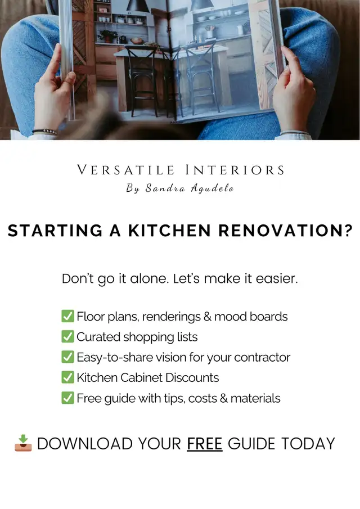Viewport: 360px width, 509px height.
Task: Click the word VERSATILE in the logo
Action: click(125, 170)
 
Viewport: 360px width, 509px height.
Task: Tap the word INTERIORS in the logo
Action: click(235, 170)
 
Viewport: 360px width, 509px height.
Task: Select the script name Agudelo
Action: click(212, 188)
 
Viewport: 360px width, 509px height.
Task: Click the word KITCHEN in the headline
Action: click(169, 231)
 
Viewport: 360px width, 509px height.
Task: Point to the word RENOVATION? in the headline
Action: click(285, 231)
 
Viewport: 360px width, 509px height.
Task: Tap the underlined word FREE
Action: click(205, 444)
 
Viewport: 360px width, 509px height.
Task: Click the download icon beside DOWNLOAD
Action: click(24, 443)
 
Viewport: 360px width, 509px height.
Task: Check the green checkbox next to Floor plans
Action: click(67, 316)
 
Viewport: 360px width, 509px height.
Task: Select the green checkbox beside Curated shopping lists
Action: click(67, 336)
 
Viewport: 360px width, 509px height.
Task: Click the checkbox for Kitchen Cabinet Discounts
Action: click(67, 377)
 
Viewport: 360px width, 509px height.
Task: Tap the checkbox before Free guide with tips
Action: click(67, 398)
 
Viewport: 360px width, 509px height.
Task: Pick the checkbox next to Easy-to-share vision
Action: click(67, 357)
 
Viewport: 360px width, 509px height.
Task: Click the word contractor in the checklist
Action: click(262, 357)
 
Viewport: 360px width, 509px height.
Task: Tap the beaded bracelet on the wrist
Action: click(45, 131)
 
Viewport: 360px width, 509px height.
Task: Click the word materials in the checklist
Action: click(255, 398)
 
